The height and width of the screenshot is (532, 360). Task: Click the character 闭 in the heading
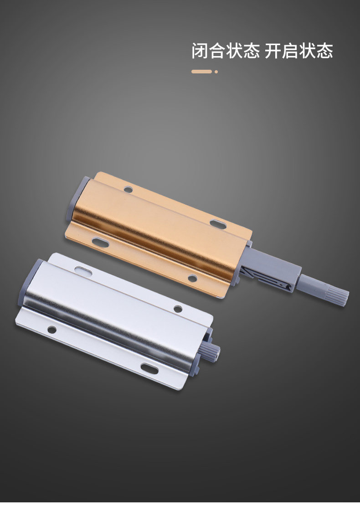[200, 51]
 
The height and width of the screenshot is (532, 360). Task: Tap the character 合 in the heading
[217, 51]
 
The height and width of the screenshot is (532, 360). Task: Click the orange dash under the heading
[201, 72]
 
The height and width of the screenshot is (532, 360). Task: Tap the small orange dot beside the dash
[216, 72]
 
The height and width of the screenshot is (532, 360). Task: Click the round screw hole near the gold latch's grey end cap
[128, 189]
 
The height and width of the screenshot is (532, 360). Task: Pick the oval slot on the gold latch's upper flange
[218, 223]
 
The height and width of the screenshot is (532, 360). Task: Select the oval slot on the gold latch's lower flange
[100, 242]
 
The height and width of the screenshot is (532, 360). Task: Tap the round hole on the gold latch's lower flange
[192, 278]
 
